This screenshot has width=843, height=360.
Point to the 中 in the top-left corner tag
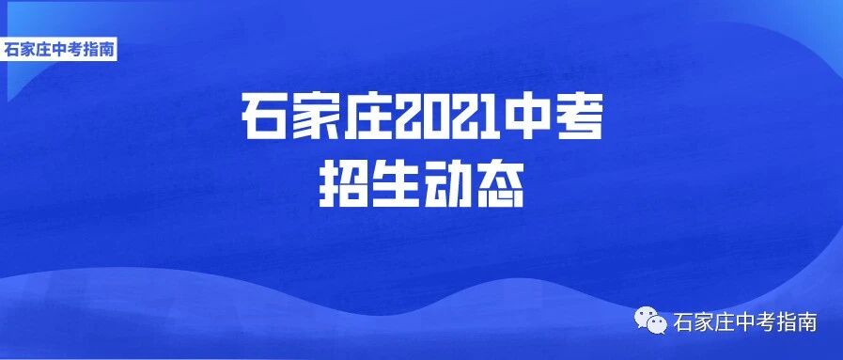[60, 49]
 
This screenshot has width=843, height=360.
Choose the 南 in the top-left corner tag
[107, 49]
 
